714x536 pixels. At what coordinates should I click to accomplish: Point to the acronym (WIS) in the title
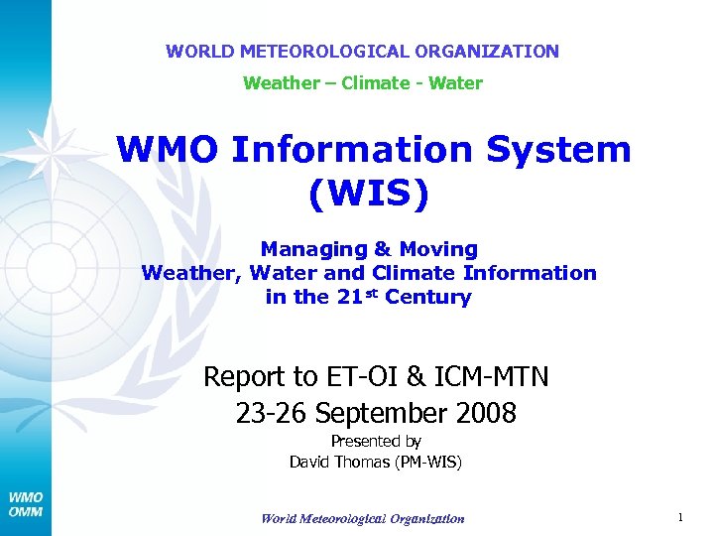click(369, 194)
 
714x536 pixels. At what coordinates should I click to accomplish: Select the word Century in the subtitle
click(427, 297)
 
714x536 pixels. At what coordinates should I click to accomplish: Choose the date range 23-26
click(266, 413)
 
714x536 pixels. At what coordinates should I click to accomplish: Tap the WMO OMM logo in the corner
click(26, 503)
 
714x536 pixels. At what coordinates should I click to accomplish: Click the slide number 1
click(680, 517)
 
